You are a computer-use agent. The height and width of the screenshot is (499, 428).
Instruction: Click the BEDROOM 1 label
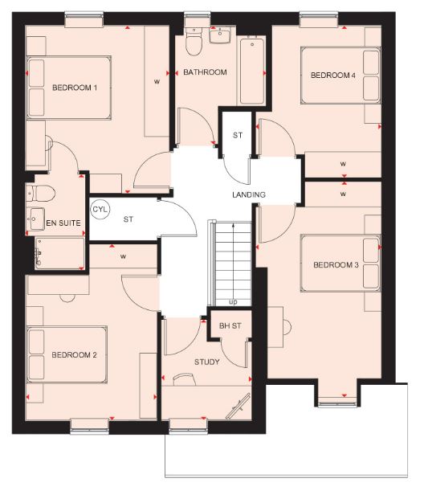(75, 88)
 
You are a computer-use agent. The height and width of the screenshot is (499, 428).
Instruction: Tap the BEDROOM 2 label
(75, 354)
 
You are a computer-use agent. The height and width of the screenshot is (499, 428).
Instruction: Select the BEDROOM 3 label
(336, 265)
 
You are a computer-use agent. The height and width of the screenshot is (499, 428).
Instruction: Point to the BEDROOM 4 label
(332, 76)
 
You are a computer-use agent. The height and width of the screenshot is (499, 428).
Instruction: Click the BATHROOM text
(205, 72)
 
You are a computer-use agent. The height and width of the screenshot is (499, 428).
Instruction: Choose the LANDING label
(249, 195)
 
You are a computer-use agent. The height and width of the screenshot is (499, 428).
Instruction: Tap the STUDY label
(206, 362)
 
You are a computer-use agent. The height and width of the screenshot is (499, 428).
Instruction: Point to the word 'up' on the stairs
(234, 303)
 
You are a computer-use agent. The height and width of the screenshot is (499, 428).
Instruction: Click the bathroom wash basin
(219, 35)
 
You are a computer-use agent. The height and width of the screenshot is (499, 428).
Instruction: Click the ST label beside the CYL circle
(128, 218)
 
